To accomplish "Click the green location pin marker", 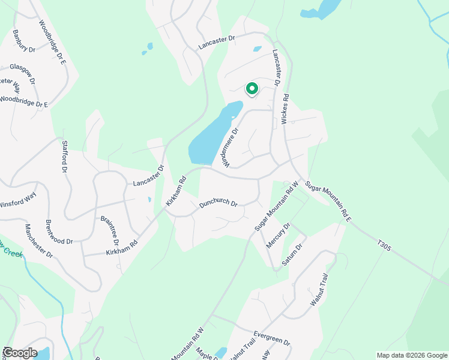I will pyautogui.click(x=252, y=89).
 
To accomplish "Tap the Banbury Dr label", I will pyautogui.click(x=24, y=41).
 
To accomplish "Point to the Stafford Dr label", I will pyautogui.click(x=64, y=157).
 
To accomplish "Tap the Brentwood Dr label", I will pyautogui.click(x=59, y=232).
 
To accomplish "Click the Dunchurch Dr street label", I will pyautogui.click(x=218, y=203).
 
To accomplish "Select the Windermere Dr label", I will pyautogui.click(x=232, y=148).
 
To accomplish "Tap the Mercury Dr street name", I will pyautogui.click(x=279, y=236).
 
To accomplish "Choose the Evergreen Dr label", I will pyautogui.click(x=271, y=337).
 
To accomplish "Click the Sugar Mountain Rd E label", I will pyautogui.click(x=328, y=200).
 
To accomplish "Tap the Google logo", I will pyautogui.click(x=19, y=353).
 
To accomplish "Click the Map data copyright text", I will pyautogui.click(x=411, y=355).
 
